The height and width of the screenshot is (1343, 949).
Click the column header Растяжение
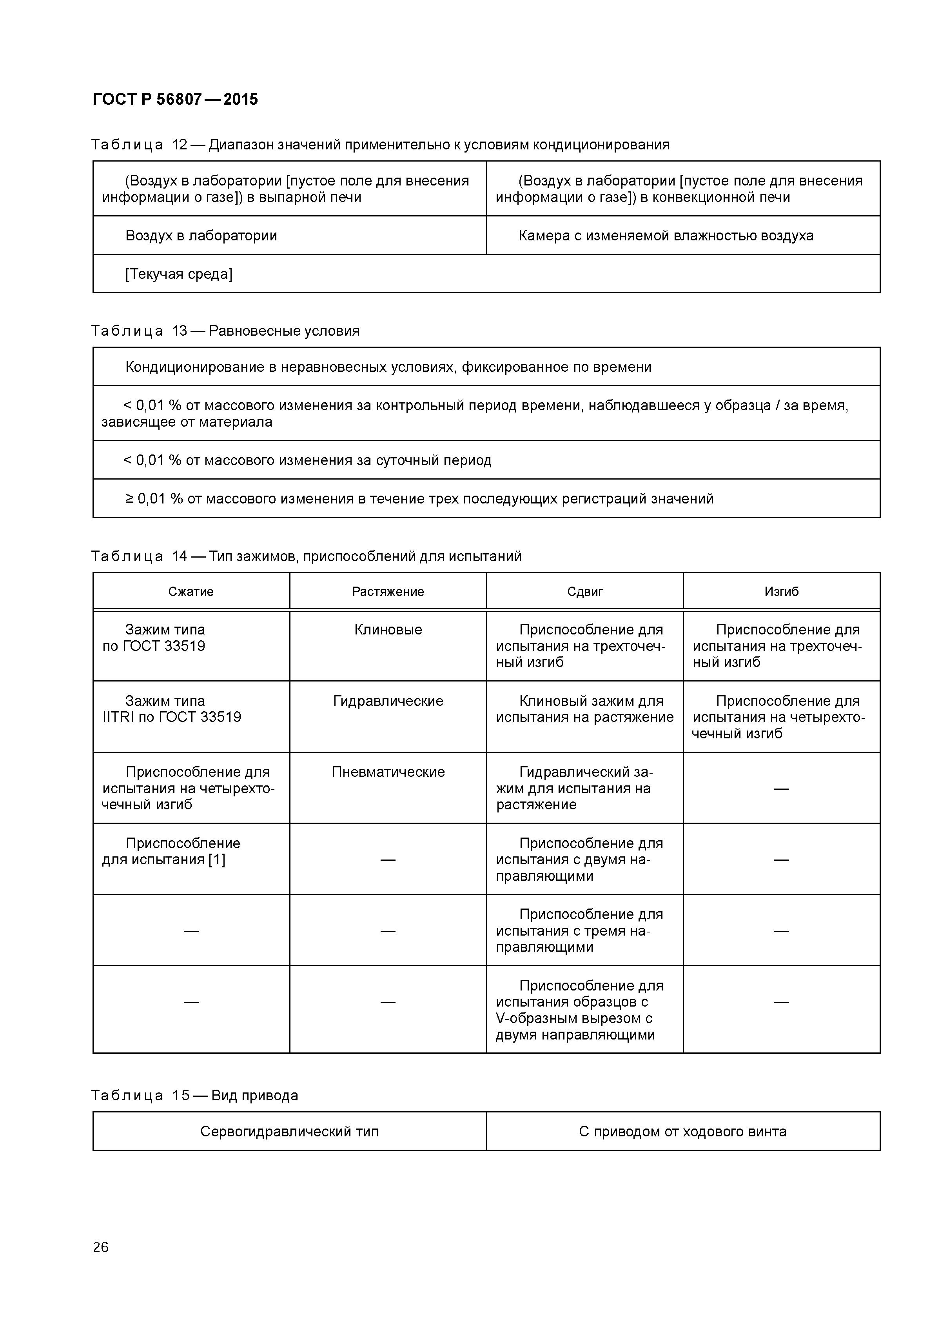pos(388,591)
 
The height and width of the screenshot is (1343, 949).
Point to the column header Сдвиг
pos(585,591)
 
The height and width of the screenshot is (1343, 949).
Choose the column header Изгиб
pos(781,591)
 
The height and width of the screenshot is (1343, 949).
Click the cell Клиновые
pos(388,630)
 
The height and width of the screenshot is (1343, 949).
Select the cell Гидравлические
pos(388,701)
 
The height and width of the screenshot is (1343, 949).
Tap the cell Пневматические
pos(388,772)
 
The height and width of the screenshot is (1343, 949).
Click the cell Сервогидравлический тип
pos(289,1131)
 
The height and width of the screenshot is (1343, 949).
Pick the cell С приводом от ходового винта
pos(682,1131)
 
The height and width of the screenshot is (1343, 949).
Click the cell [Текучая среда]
pos(179,274)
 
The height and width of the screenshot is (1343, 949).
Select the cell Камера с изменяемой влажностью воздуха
pos(666,236)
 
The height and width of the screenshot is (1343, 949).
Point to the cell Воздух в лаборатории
pos(201,236)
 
